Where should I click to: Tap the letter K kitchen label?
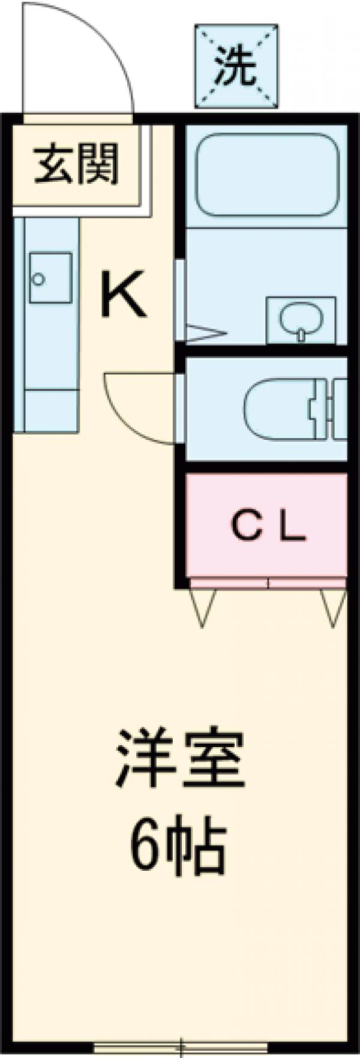pos(123,294)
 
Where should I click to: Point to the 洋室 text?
pos(180,759)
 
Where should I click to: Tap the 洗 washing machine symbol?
pos(236,66)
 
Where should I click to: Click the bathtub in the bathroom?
pos(268,175)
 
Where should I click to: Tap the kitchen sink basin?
pos(50,277)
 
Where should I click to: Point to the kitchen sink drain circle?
pos(39,279)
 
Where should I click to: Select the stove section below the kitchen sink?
pos(51,410)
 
